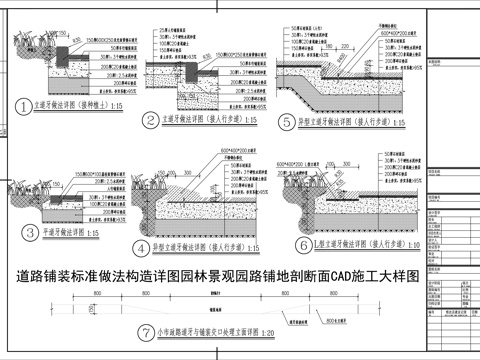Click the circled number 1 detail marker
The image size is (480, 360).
(26, 104)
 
